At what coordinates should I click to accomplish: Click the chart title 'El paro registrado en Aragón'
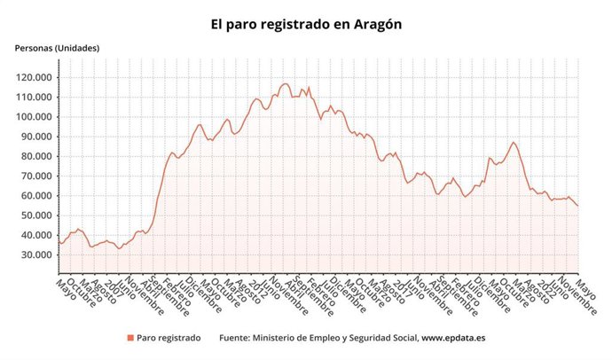pyautogui.click(x=306, y=25)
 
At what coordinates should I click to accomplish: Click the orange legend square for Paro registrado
pyautogui.click(x=130, y=338)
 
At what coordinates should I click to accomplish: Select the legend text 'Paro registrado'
pyautogui.click(x=169, y=338)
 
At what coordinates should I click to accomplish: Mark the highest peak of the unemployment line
pyautogui.click(x=285, y=84)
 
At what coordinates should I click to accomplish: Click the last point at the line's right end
pyautogui.click(x=577, y=206)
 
